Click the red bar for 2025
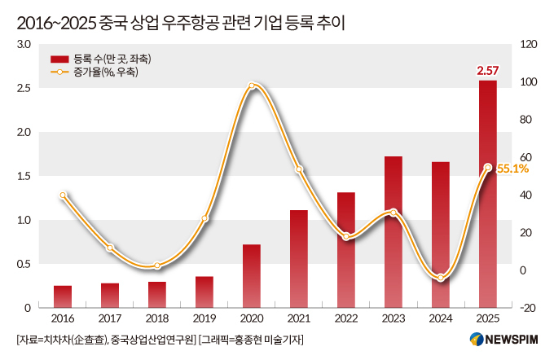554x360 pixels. (x=487, y=194)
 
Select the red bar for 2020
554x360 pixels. (x=252, y=276)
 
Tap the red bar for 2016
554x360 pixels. (x=63, y=296)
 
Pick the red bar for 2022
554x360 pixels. (x=346, y=250)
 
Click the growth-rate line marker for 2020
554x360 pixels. (x=252, y=86)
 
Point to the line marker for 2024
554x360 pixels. (x=440, y=278)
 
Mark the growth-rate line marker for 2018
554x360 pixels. (x=157, y=266)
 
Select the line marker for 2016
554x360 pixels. (x=63, y=195)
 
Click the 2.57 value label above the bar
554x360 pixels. (x=487, y=71)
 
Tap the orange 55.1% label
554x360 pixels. (x=512, y=169)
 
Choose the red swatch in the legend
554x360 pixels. (x=59, y=59)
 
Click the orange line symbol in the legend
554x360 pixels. (x=59, y=72)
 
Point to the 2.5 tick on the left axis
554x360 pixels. (x=24, y=88)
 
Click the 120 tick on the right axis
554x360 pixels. (x=529, y=44)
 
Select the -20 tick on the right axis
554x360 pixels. (x=528, y=308)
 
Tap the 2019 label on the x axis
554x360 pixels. (x=204, y=318)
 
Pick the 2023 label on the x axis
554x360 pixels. (x=394, y=318)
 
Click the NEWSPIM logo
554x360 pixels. (x=503, y=340)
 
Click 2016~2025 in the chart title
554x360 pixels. (x=56, y=24)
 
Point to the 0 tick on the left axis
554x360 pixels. (x=28, y=308)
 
